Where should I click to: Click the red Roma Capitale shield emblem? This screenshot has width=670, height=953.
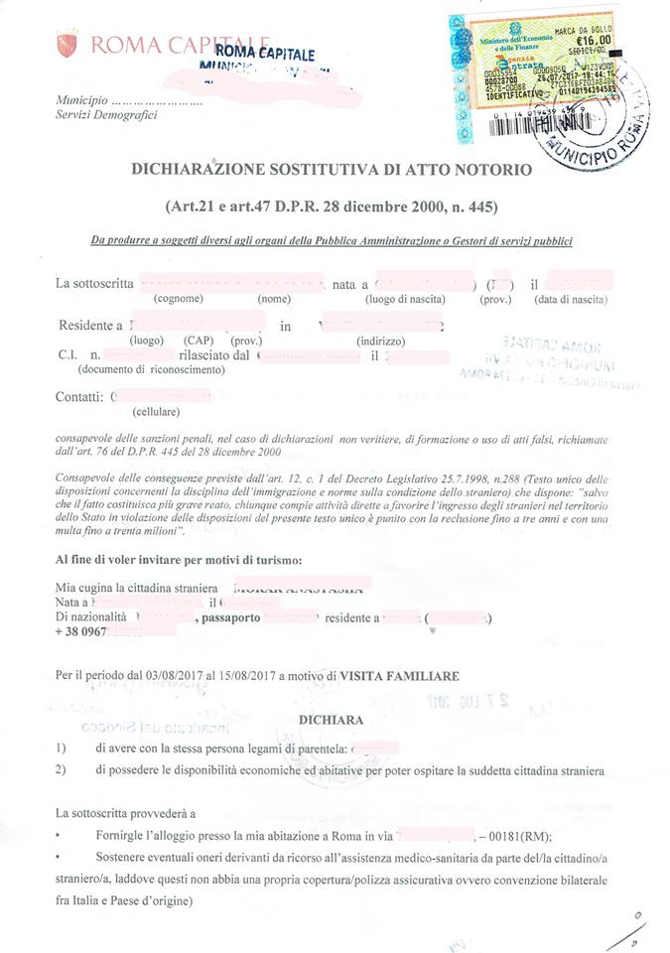click(x=67, y=44)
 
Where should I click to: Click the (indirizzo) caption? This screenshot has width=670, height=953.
click(x=379, y=340)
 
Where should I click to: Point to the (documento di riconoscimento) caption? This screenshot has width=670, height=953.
click(x=151, y=369)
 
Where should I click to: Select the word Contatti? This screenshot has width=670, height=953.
click(x=79, y=397)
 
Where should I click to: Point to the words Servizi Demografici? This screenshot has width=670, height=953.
click(x=106, y=116)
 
